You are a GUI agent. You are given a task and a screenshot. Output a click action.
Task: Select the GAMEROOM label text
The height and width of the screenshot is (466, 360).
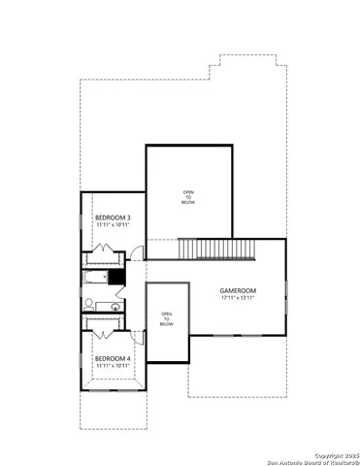[237, 290]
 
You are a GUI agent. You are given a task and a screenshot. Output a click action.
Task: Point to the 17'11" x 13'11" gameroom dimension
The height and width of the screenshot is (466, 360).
[237, 298]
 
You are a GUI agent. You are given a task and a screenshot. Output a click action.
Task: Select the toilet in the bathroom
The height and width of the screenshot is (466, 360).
[87, 305]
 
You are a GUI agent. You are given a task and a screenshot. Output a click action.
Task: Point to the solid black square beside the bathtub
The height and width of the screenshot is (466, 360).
[117, 277]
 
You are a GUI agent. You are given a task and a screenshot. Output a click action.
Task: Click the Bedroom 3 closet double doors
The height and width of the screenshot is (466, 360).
[102, 259]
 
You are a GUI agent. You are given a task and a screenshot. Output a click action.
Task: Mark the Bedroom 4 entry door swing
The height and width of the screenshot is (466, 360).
[137, 339]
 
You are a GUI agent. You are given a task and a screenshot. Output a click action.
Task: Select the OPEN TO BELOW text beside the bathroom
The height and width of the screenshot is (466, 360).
[166, 318]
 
